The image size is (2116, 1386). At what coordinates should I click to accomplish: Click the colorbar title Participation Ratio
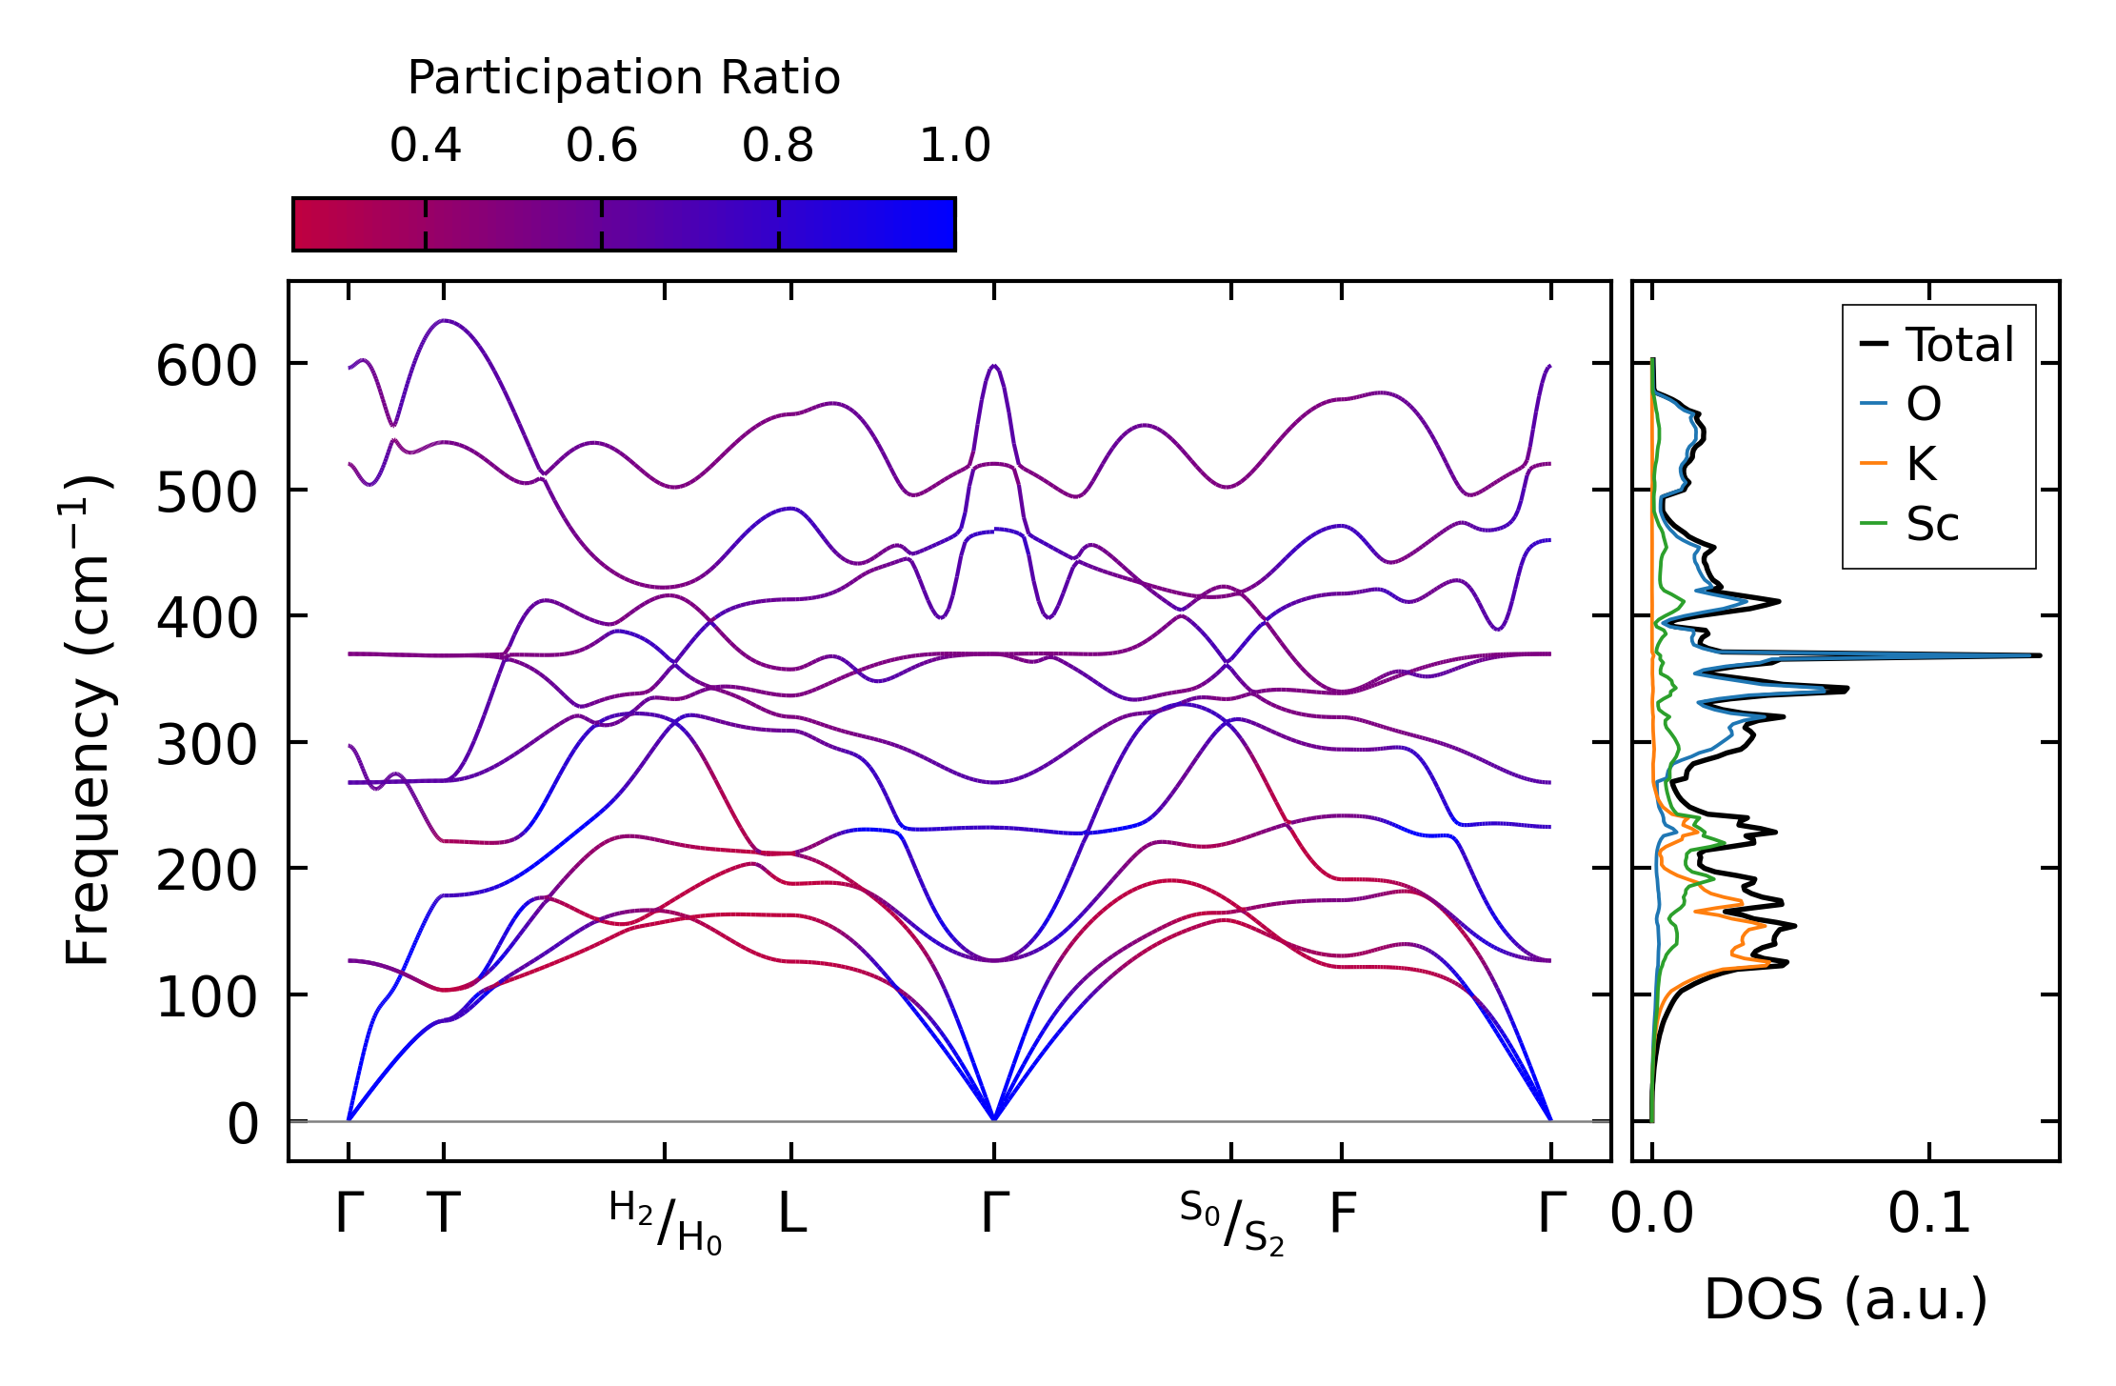pos(624,78)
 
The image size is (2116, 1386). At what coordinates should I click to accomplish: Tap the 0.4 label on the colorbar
pos(425,146)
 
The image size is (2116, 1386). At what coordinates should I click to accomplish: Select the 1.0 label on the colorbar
pos(954,146)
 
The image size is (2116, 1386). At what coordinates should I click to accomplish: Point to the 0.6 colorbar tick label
pos(601,146)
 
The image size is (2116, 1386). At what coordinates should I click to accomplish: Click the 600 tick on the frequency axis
pos(206,367)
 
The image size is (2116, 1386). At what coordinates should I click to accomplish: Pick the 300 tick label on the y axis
pos(206,746)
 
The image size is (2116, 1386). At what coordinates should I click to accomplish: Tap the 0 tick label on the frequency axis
pos(242,1125)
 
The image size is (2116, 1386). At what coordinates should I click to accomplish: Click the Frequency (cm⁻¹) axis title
pos(88,720)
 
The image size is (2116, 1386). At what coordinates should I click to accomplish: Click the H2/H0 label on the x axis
pos(665,1222)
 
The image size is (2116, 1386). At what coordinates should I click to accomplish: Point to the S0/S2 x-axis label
pos(1231,1222)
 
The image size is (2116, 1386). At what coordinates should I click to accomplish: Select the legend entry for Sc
pos(1932,524)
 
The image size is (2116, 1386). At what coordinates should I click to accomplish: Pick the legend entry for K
pos(1921,464)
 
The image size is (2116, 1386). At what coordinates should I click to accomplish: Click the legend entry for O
pos(1923,404)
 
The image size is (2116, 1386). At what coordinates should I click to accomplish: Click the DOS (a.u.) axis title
pos(1846,1299)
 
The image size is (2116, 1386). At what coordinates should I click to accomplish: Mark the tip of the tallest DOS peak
pos(2040,655)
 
